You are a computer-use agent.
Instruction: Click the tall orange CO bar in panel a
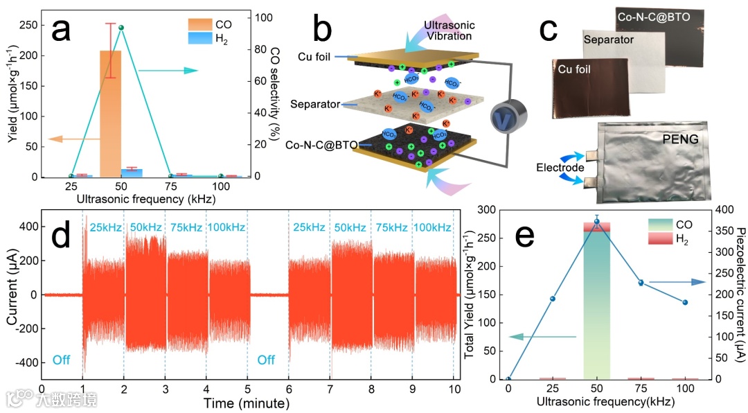pyautogui.click(x=111, y=114)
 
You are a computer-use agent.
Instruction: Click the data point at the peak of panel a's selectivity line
pyautogui.click(x=121, y=28)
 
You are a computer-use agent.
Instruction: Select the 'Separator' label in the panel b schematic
pyautogui.click(x=315, y=105)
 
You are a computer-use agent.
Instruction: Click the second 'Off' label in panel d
pyautogui.click(x=267, y=360)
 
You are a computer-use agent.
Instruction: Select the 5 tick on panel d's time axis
pyautogui.click(x=247, y=389)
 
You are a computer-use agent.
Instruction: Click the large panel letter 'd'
pyautogui.click(x=62, y=236)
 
